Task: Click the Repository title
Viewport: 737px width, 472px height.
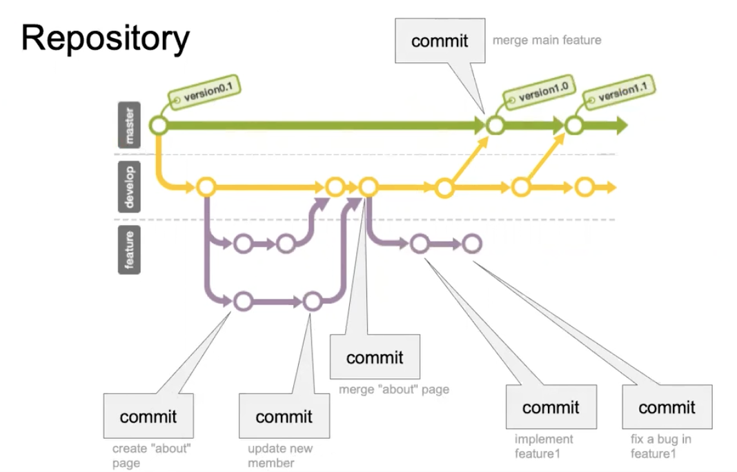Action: pyautogui.click(x=106, y=39)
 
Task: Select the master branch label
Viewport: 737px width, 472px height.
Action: pyautogui.click(x=129, y=125)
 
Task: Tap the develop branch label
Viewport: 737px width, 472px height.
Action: pyautogui.click(x=129, y=186)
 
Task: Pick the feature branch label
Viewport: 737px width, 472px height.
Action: pyautogui.click(x=129, y=250)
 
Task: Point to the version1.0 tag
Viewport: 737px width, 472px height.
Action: pyautogui.click(x=540, y=91)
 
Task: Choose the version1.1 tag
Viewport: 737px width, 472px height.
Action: pyautogui.click(x=619, y=91)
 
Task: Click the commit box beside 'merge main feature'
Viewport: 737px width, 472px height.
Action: pyautogui.click(x=440, y=41)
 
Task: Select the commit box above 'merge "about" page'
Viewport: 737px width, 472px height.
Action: pyautogui.click(x=375, y=357)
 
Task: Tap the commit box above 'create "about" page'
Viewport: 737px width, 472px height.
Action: pyautogui.click(x=148, y=416)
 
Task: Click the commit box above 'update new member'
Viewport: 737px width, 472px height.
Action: pyautogui.click(x=284, y=416)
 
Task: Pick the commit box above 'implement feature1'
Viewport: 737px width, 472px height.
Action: pyautogui.click(x=551, y=407)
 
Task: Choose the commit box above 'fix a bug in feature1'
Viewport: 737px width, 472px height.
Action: pyautogui.click(x=667, y=407)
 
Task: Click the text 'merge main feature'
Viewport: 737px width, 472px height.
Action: pyautogui.click(x=547, y=41)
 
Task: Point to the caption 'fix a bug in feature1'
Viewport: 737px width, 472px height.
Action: pyautogui.click(x=661, y=446)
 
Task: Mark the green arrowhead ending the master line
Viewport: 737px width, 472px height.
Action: pyautogui.click(x=622, y=126)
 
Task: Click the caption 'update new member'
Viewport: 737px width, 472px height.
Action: pyautogui.click(x=280, y=455)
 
